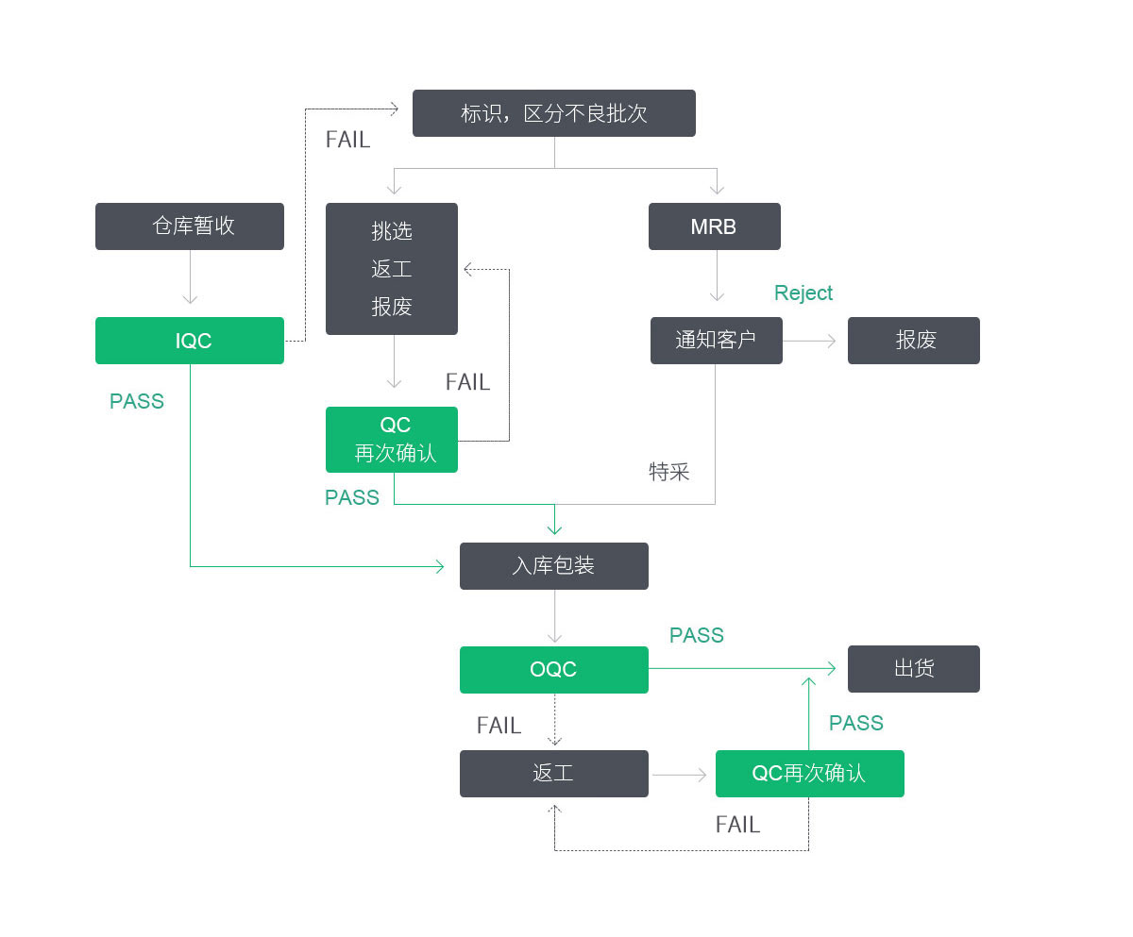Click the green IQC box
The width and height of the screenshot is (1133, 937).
pyautogui.click(x=189, y=341)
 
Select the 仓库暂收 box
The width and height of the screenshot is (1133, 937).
pyautogui.click(x=189, y=226)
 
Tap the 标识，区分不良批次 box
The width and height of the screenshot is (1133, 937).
pyautogui.click(x=553, y=113)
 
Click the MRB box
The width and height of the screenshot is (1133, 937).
pyautogui.click(x=714, y=226)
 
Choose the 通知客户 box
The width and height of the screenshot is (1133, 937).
pyautogui.click(x=716, y=341)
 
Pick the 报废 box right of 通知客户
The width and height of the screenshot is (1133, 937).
pyautogui.click(x=913, y=341)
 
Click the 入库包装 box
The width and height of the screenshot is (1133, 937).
pyautogui.click(x=553, y=566)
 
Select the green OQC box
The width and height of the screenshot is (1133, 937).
pyautogui.click(x=553, y=670)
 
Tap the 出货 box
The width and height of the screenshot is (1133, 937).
pyautogui.click(x=913, y=669)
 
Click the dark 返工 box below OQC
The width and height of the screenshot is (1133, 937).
pyautogui.click(x=553, y=774)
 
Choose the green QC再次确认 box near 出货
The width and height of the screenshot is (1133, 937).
pyautogui.click(x=809, y=774)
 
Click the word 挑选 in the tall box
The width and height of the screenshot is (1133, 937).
pyautogui.click(x=392, y=231)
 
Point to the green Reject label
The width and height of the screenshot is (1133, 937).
pyautogui.click(x=803, y=293)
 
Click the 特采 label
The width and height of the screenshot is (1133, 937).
pyautogui.click(x=669, y=472)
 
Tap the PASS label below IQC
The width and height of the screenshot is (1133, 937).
pyautogui.click(x=137, y=402)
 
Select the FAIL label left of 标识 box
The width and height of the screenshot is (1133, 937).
pyautogui.click(x=347, y=140)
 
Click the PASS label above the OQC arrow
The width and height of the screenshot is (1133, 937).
pyautogui.click(x=697, y=636)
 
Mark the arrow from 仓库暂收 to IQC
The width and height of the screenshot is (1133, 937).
pyautogui.click(x=190, y=279)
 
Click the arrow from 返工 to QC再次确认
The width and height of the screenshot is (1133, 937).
pyautogui.click(x=680, y=775)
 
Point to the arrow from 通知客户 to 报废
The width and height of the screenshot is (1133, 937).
pyautogui.click(x=810, y=341)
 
